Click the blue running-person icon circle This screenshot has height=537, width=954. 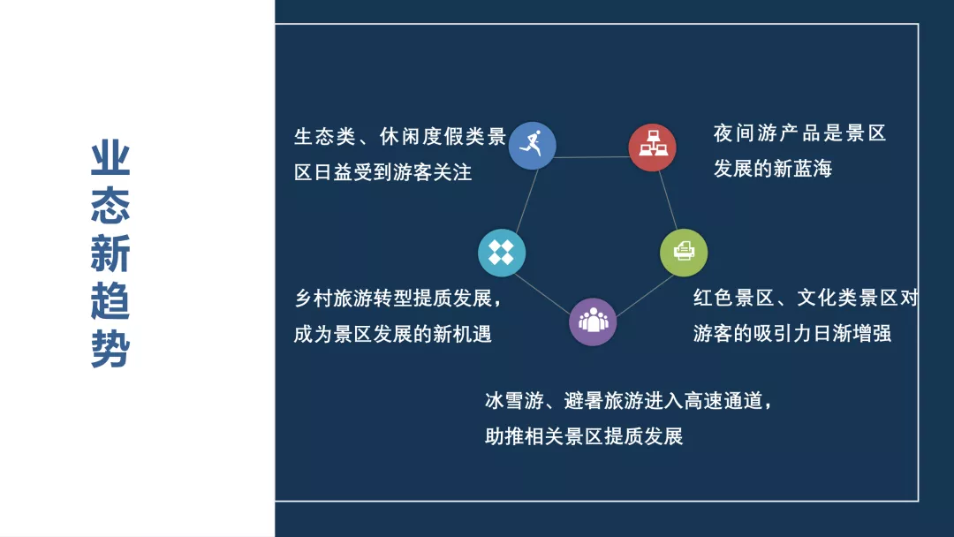pyautogui.click(x=533, y=146)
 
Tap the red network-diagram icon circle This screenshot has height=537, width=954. pyautogui.click(x=652, y=147)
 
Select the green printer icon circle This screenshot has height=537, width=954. pyautogui.click(x=684, y=253)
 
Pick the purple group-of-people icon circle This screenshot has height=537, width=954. pyautogui.click(x=593, y=321)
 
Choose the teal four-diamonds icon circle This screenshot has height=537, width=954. pyautogui.click(x=502, y=253)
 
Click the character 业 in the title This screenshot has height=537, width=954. pyautogui.click(x=110, y=158)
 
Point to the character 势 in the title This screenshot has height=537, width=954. pyautogui.click(x=110, y=349)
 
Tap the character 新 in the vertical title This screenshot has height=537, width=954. pyautogui.click(x=110, y=253)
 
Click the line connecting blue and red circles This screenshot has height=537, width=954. pyautogui.click(x=592, y=157)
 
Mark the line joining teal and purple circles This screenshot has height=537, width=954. pyautogui.click(x=542, y=294)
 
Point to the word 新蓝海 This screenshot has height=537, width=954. pyautogui.click(x=802, y=169)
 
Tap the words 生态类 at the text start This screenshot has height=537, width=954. pyautogui.click(x=325, y=136)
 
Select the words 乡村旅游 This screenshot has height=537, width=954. pyautogui.click(x=333, y=298)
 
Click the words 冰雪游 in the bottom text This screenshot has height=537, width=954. pyautogui.click(x=514, y=401)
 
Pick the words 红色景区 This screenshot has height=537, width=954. pyautogui.click(x=734, y=298)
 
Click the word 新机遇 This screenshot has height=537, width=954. pyautogui.click(x=462, y=334)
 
